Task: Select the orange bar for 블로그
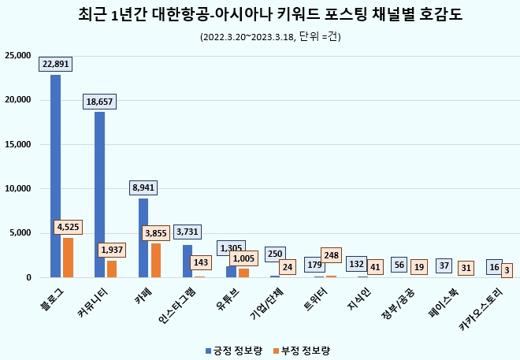(x=68, y=258)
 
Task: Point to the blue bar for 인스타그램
(x=188, y=262)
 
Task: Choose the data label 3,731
(x=188, y=232)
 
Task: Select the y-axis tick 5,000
(x=20, y=233)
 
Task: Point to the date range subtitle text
(x=260, y=37)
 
